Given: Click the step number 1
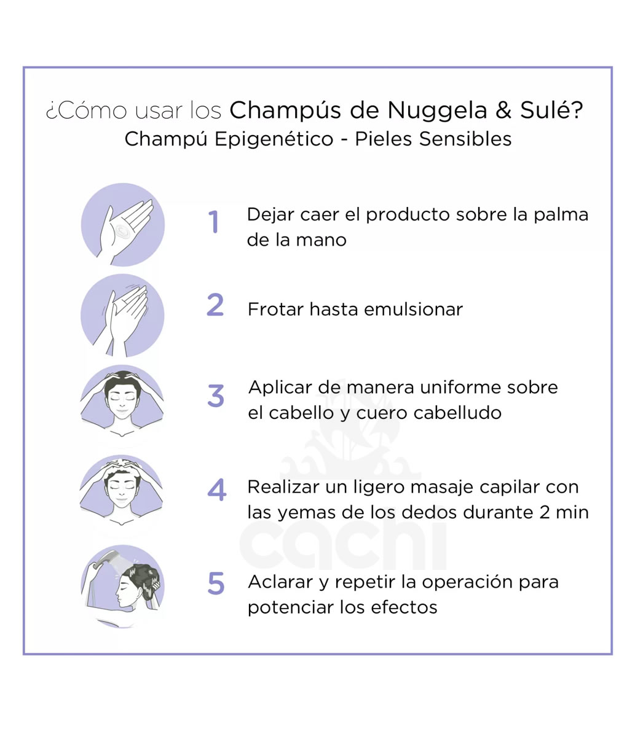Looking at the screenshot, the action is (213, 222).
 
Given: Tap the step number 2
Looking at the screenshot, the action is (215, 305).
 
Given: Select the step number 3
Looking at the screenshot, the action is (216, 396).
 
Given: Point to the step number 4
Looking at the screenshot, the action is (216, 489).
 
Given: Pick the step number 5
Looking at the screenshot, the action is (216, 583).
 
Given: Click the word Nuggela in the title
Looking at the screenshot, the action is (437, 111).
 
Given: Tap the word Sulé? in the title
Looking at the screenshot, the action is (551, 110).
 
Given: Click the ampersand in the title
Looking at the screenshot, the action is (503, 110).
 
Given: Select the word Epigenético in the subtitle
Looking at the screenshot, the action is (274, 139).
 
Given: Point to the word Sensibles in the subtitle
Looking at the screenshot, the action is (465, 139).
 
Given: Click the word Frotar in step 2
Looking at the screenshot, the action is (275, 309).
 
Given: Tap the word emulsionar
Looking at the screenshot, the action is (413, 309).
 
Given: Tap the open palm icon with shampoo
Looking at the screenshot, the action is (123, 225).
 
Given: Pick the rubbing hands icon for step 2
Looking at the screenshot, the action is (122, 315).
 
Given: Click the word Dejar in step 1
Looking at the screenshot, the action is (270, 214).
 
